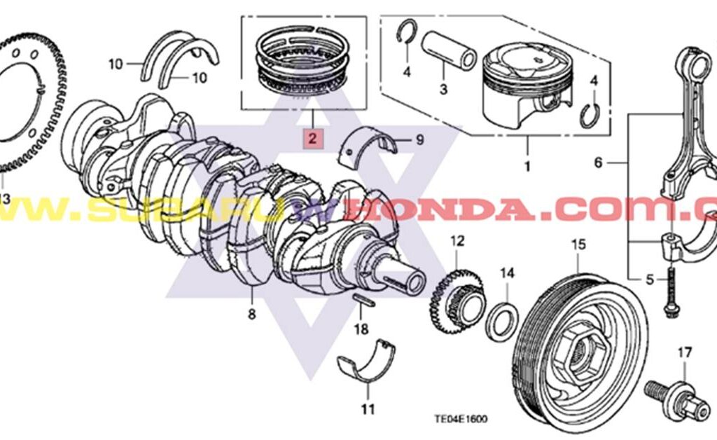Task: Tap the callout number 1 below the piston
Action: pos(527,167)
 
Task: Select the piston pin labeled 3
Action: pos(448,53)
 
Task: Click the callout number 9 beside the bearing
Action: pos(419,140)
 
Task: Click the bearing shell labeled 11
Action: pos(366,361)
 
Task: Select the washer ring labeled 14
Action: pos(503,320)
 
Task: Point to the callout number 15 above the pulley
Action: pos(578,245)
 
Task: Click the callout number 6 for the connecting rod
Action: pos(597,163)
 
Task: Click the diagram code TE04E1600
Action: pos(461,419)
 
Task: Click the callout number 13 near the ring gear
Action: pos(4,199)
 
